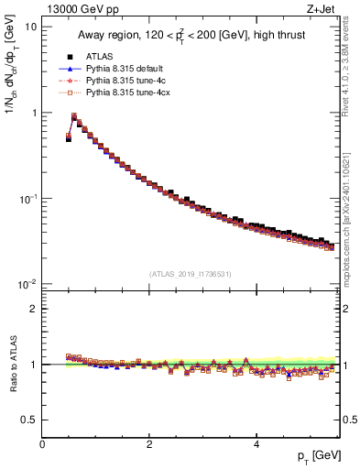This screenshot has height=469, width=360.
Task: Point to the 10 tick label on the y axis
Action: [x=29, y=27]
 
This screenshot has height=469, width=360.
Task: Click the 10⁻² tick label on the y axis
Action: [x=27, y=285]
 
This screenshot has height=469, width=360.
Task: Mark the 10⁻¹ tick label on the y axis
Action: [x=27, y=199]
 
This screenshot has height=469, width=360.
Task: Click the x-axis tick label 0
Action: [x=42, y=444]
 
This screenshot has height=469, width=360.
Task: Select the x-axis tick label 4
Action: [x=256, y=444]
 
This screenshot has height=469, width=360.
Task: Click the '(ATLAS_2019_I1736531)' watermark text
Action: [x=190, y=274]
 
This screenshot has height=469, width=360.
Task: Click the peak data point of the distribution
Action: [x=74, y=116]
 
